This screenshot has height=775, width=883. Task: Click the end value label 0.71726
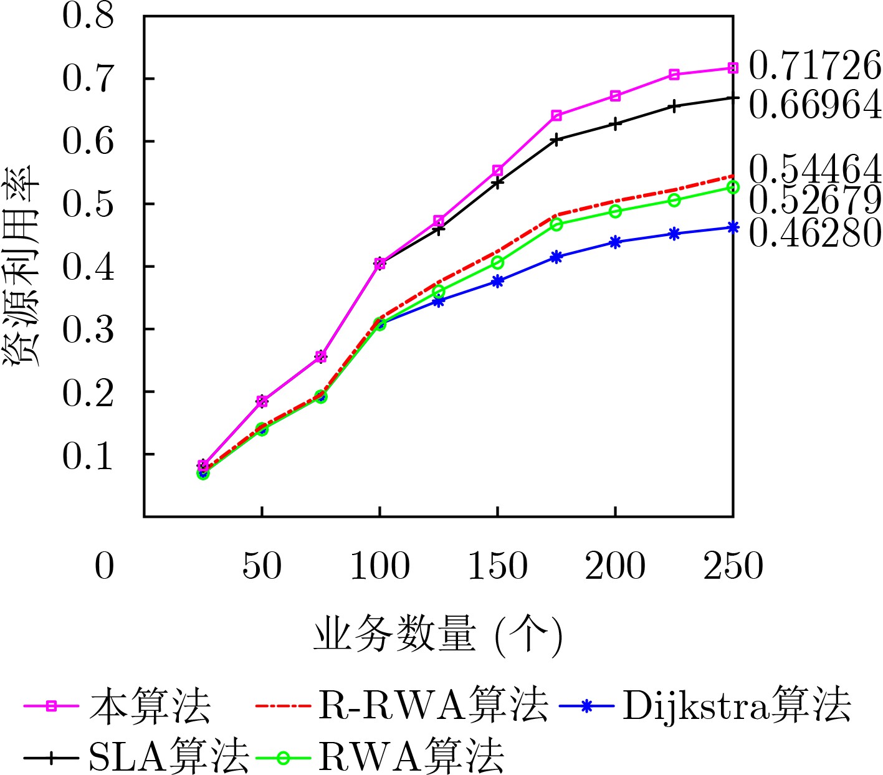coord(814,66)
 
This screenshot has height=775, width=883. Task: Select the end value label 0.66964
coord(814,105)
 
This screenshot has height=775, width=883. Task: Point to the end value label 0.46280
coord(814,233)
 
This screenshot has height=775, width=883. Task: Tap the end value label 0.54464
coord(814,169)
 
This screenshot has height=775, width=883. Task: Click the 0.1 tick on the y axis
coord(88,455)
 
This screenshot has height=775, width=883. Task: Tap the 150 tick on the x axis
coord(497,566)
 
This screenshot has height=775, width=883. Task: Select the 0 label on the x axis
coord(105,566)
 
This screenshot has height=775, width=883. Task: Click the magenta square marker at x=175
coord(556,115)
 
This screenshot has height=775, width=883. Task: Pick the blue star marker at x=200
coord(615,242)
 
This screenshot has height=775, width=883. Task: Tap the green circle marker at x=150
coord(497,262)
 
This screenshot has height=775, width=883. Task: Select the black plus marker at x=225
coord(674,107)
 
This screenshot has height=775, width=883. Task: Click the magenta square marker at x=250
coord(733,68)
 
